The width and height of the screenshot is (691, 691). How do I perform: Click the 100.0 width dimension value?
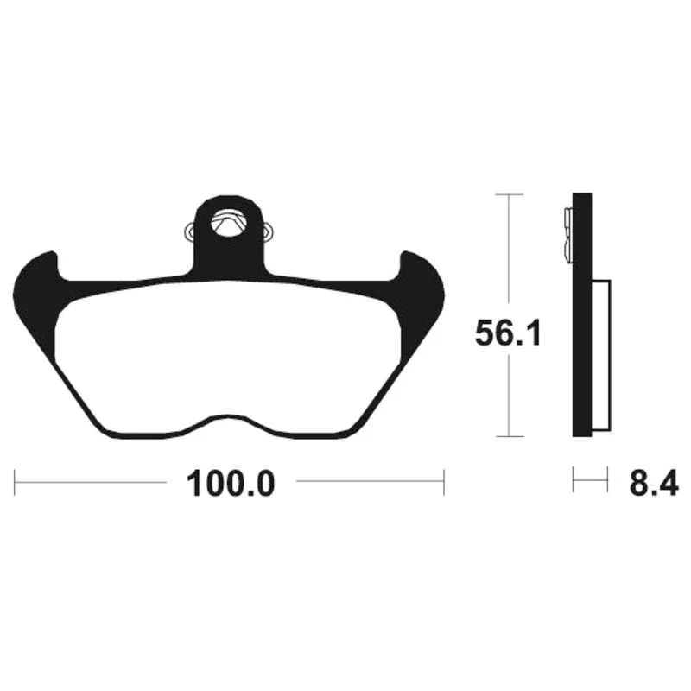(x=231, y=484)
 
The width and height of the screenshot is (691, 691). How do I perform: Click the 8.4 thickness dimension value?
(x=654, y=484)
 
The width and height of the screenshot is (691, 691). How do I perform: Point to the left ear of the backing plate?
(x=37, y=282)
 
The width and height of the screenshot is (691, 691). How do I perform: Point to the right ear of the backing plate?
(x=421, y=282)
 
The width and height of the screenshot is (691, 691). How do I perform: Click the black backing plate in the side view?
(x=581, y=315)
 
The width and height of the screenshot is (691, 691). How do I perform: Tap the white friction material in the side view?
(x=601, y=355)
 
